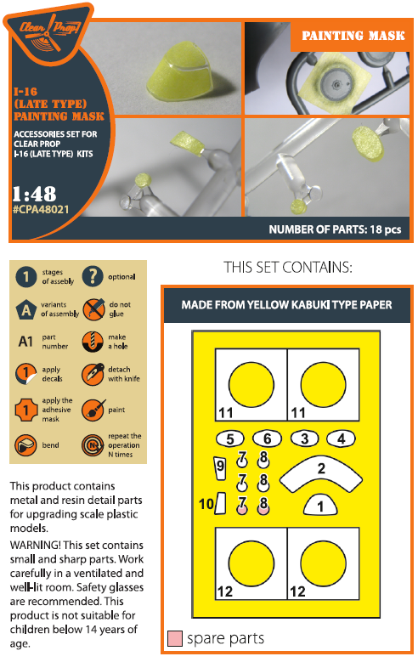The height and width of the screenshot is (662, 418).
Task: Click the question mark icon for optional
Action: coord(92,278)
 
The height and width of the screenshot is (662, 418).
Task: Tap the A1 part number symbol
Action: coord(27,342)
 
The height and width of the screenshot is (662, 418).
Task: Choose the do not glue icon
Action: coord(92,310)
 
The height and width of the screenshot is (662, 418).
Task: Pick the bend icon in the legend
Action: coord(28,444)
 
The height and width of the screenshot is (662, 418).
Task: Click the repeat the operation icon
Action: coord(92,444)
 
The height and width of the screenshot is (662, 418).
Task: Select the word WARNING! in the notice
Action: coord(35,545)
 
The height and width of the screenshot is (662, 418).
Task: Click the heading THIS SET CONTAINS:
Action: coord(287,268)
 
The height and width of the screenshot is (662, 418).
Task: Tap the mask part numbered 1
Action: coord(320,505)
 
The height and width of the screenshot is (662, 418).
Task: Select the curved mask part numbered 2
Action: coord(320,472)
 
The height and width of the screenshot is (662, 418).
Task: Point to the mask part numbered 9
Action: coord(220,467)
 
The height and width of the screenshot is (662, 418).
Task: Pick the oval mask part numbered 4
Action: coord(340,439)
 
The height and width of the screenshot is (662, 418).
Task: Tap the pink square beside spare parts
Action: coord(175,638)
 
